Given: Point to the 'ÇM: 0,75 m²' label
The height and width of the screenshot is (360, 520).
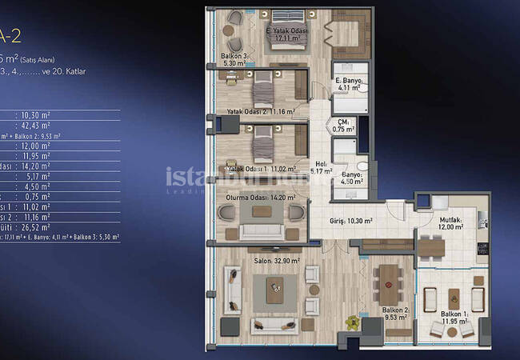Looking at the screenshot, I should [x=343, y=126].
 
